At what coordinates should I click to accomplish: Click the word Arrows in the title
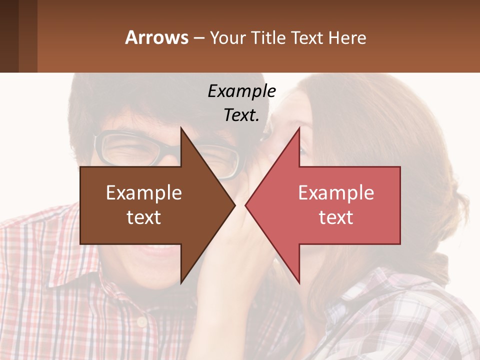(156, 37)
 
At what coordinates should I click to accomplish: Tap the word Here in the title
(347, 37)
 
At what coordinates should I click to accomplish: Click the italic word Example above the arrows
(241, 91)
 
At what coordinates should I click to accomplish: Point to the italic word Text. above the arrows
(241, 115)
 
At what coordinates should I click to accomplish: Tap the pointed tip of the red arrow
(247, 205)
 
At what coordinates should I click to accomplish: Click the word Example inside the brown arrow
(144, 193)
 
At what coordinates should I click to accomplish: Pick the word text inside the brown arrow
(144, 217)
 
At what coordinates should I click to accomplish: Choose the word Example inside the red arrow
(336, 193)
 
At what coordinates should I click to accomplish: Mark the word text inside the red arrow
(336, 217)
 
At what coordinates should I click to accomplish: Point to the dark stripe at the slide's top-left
(9, 36)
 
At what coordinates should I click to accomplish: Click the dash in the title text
(198, 38)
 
